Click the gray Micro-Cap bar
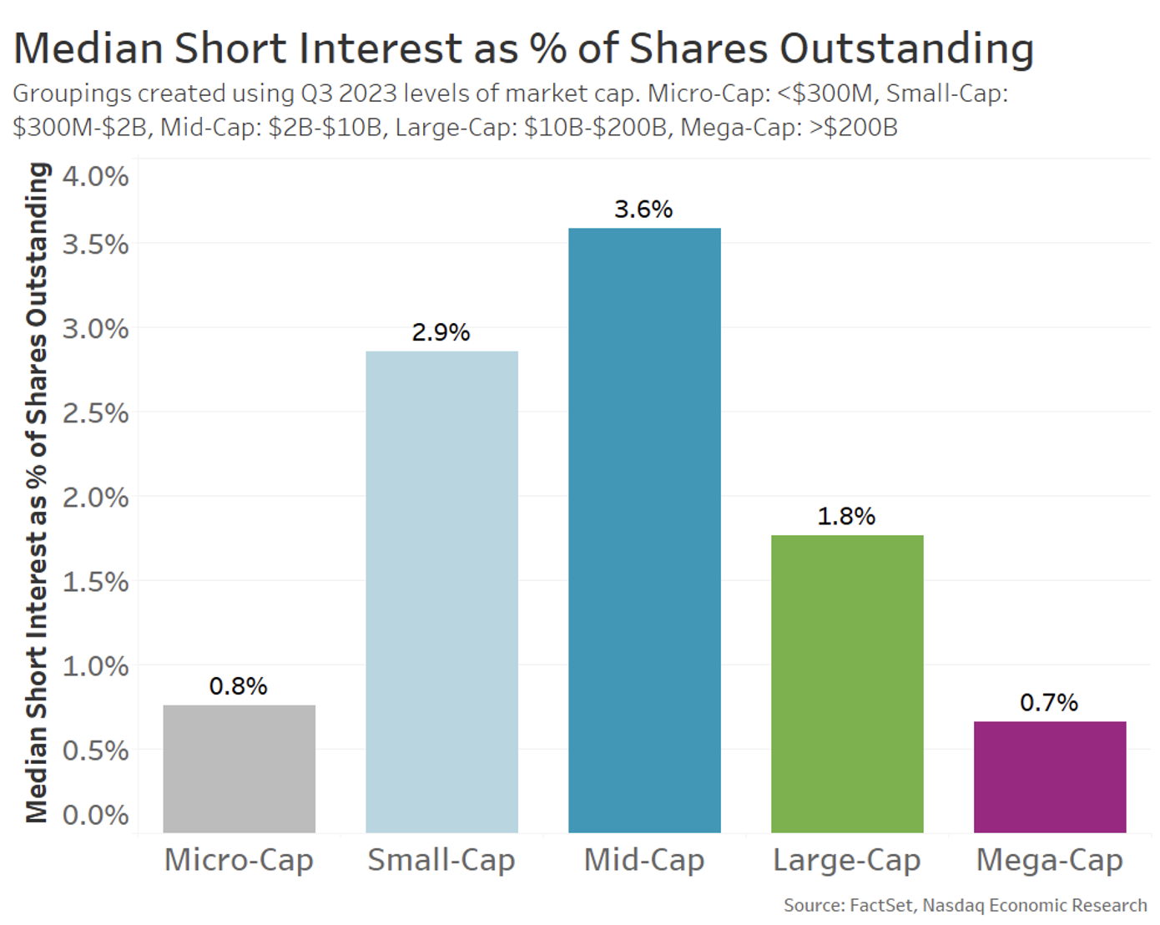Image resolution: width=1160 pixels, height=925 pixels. tap(239, 768)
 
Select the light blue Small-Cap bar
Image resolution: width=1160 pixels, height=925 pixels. tap(441, 591)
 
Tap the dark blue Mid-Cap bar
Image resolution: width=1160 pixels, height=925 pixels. tap(644, 530)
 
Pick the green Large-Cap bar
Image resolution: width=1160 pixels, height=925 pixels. tap(847, 683)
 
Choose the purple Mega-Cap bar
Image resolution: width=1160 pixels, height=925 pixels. tap(1050, 776)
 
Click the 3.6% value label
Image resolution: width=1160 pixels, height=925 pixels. tap(643, 209)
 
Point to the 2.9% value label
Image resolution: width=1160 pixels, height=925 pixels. tap(441, 332)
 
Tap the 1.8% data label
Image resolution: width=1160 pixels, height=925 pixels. tap(846, 516)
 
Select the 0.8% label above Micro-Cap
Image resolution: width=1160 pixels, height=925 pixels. tap(238, 686)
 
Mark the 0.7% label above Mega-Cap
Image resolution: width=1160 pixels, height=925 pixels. tap(1049, 702)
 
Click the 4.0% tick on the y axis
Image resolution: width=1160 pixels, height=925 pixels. tap(95, 177)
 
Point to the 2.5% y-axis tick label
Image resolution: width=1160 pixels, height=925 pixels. tap(95, 413)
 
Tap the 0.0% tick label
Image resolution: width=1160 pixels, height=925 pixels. tap(95, 814)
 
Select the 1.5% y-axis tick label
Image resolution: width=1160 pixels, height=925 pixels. tap(95, 582)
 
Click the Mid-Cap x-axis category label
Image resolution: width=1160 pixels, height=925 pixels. tap(643, 859)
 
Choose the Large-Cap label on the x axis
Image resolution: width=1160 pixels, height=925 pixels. tap(846, 859)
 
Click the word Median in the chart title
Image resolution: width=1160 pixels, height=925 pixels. tap(88, 48)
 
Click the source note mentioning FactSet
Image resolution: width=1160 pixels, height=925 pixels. tap(965, 905)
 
